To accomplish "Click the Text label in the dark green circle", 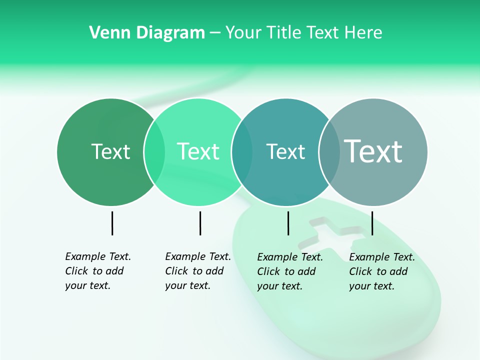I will point(110,151).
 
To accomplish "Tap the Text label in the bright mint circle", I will point(198,151).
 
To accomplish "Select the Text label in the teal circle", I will point(285,151).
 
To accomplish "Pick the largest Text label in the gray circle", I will point(373,151).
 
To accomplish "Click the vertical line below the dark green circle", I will point(112,223).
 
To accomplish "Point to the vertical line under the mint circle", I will point(200,223).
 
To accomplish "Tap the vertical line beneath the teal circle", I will point(288,223).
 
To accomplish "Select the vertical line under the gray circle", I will point(372,223).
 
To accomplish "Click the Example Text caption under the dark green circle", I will point(97,271).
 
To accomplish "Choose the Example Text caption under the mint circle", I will point(197,271).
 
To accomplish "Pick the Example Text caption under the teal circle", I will point(289,271).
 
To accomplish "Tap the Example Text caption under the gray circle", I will point(381,271).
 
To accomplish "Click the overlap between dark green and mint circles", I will point(154,151).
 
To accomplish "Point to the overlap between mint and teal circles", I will point(242,151).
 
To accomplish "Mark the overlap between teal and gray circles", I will point(329,151).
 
